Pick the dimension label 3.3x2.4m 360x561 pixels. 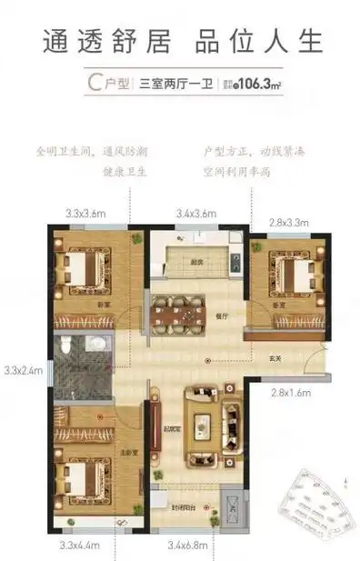click(x=20, y=370)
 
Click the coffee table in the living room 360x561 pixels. click(x=202, y=421)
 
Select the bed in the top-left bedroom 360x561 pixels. click(x=79, y=270)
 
